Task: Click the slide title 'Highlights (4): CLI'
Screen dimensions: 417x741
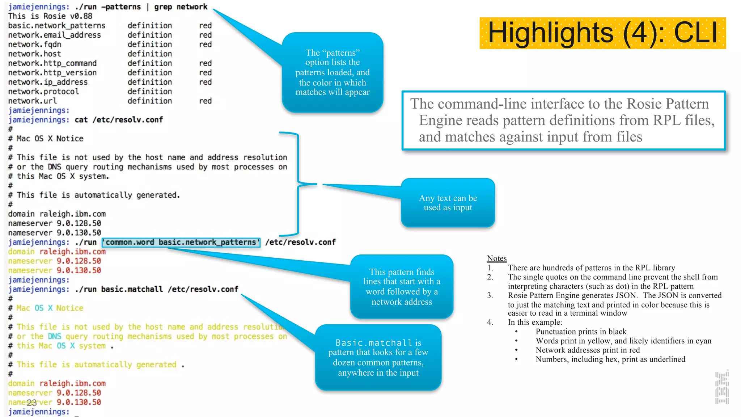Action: pos(602,33)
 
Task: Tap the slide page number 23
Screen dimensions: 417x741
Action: pos(32,403)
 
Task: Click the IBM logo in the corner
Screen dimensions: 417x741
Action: pos(722,387)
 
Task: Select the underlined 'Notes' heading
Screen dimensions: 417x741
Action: pos(496,258)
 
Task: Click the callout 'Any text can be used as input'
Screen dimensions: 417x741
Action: pos(448,203)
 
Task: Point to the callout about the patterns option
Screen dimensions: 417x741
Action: pos(333,72)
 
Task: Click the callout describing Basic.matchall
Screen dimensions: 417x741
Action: pos(378,357)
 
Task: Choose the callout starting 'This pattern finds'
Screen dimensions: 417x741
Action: pos(402,287)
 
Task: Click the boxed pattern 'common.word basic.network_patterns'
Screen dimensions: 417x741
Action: pos(181,242)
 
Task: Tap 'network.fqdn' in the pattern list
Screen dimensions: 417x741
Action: pos(35,45)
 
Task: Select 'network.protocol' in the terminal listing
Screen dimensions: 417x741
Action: pos(43,92)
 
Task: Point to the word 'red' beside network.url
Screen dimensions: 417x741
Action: pos(205,101)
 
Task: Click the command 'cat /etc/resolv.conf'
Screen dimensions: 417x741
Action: pos(119,120)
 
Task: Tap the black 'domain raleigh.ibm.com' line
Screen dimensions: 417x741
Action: pos(57,214)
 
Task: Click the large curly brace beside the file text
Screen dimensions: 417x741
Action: pos(297,184)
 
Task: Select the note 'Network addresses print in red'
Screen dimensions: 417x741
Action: pos(588,350)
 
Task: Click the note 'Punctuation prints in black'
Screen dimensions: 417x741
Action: pos(581,332)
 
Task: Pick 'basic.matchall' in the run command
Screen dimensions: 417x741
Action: pos(132,289)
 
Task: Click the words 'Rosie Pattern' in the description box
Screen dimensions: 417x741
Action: pos(668,104)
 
